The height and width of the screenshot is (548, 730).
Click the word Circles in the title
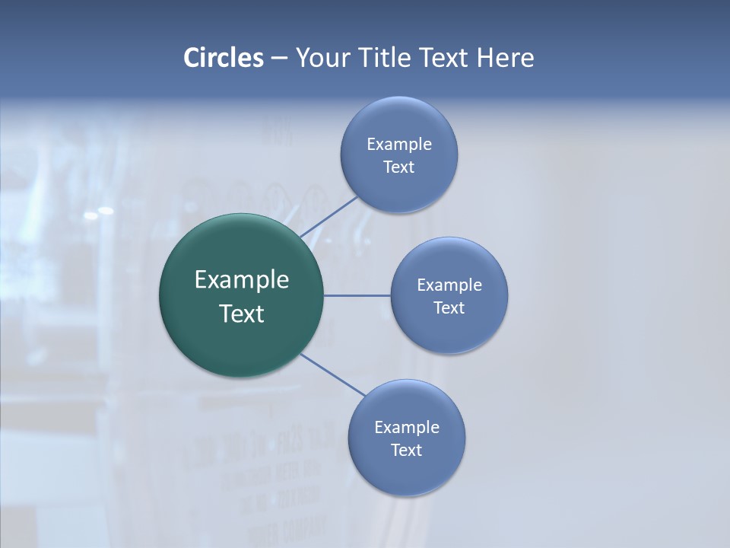pyautogui.click(x=223, y=58)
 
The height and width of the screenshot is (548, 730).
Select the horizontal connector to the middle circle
pyautogui.click(x=357, y=295)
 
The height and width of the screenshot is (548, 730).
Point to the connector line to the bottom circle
pyautogui.click(x=332, y=374)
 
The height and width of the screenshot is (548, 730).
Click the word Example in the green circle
pyautogui.click(x=241, y=280)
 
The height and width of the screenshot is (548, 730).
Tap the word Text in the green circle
pyautogui.click(x=241, y=314)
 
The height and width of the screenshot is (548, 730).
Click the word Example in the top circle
pyautogui.click(x=398, y=145)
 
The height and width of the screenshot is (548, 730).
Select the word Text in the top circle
pyautogui.click(x=398, y=167)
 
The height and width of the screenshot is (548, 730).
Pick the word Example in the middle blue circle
pyautogui.click(x=449, y=285)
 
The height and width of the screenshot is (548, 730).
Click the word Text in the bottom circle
pyautogui.click(x=406, y=451)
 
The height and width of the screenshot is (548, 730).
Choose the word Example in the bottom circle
pyautogui.click(x=406, y=428)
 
